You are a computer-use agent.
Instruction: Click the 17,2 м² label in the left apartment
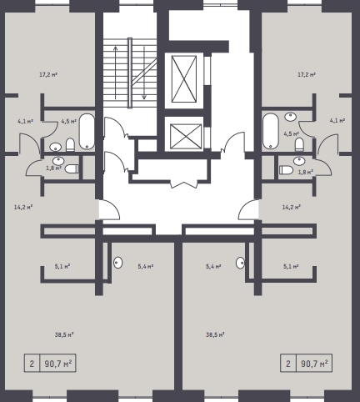pyautogui.click(x=48, y=74)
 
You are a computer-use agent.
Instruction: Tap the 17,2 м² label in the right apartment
pyautogui.click(x=307, y=74)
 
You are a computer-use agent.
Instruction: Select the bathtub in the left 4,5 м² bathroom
pyautogui.click(x=87, y=131)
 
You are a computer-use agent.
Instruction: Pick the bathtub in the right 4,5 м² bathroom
pyautogui.click(x=271, y=131)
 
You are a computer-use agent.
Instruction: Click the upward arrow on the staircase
pyautogui.click(x=116, y=73)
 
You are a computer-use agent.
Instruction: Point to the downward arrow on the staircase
pyautogui.click(x=144, y=73)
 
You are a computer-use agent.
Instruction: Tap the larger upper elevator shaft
pyautogui.click(x=184, y=79)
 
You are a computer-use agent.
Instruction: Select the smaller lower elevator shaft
pyautogui.click(x=186, y=137)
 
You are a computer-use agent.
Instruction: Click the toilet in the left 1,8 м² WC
pyautogui.click(x=72, y=168)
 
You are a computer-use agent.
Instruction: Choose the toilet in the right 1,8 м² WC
pyautogui.click(x=286, y=170)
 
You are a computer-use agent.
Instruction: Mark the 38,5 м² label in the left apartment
pyautogui.click(x=64, y=334)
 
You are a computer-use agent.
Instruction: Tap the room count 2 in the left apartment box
pyautogui.click(x=32, y=364)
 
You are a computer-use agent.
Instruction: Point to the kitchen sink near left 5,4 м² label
pyautogui.click(x=118, y=263)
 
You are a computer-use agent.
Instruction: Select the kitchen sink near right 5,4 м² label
pyautogui.click(x=240, y=263)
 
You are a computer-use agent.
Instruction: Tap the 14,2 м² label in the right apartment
pyautogui.click(x=292, y=207)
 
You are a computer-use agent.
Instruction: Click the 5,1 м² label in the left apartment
pyautogui.click(x=62, y=266)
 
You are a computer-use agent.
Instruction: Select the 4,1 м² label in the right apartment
pyautogui.click(x=337, y=121)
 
